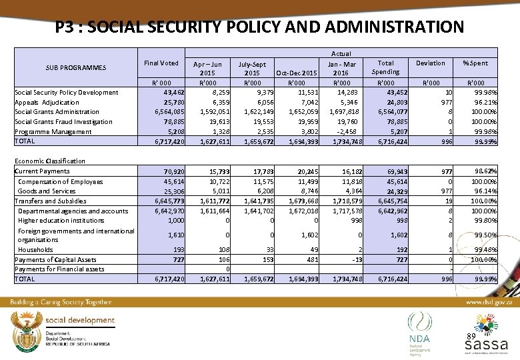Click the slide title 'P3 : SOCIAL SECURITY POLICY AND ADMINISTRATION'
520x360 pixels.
coord(259,27)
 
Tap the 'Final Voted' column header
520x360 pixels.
coord(161,63)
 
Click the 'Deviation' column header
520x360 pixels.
coord(430,63)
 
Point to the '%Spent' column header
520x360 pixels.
coord(475,63)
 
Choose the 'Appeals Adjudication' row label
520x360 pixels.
coord(47,103)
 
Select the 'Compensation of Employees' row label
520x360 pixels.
coord(60,181)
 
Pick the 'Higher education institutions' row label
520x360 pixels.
coord(61,220)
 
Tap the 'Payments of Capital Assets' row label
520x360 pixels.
coord(55,259)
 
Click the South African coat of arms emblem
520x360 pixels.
coord(25,329)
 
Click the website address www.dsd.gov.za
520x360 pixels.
coord(488,302)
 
